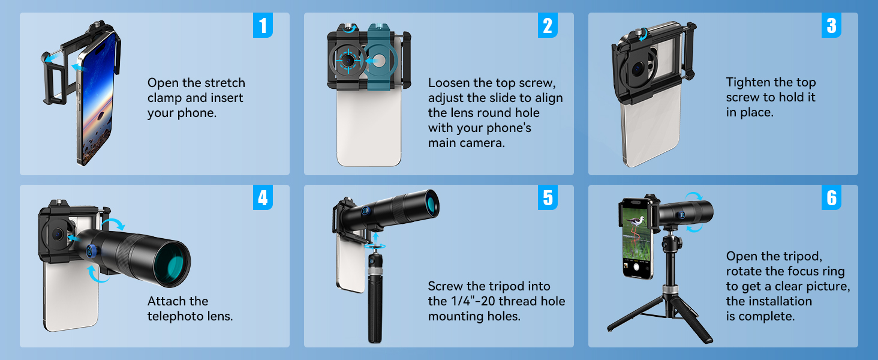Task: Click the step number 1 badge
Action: click(263, 25)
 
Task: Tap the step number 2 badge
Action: click(548, 25)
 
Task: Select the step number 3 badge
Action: click(831, 25)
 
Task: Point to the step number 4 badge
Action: click(263, 197)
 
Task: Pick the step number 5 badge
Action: click(548, 197)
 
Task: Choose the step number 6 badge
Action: click(831, 197)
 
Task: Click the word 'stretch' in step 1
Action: click(224, 83)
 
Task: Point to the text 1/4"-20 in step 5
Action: click(473, 301)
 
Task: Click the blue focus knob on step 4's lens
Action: click(92, 251)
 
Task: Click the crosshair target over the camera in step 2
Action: click(347, 61)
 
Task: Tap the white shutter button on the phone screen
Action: click(636, 268)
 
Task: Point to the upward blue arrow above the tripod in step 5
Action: click(376, 238)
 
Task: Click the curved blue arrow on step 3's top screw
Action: click(643, 35)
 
